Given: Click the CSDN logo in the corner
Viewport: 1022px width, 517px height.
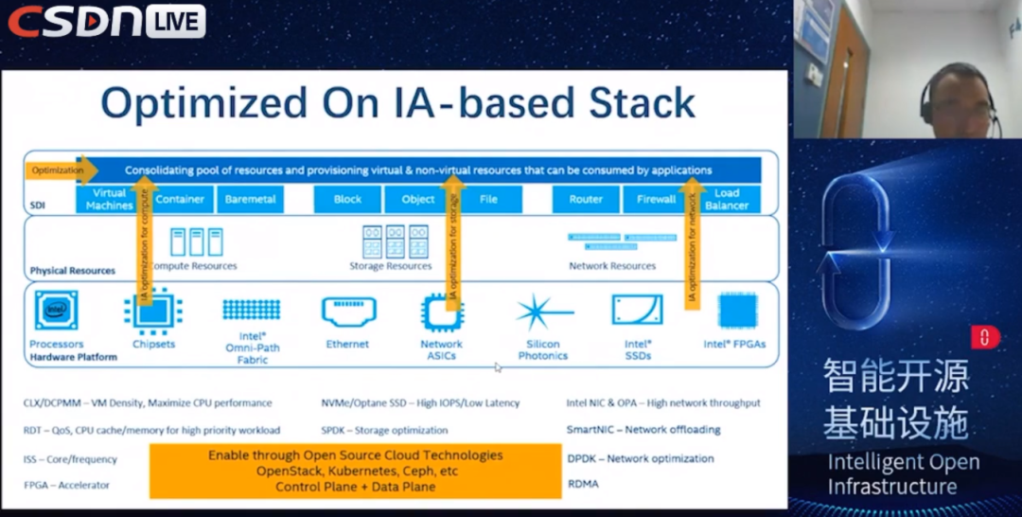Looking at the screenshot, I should click(x=76, y=21).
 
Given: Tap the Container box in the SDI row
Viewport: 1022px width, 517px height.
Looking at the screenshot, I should click(x=180, y=200).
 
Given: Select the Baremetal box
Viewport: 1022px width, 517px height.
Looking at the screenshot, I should click(x=251, y=200).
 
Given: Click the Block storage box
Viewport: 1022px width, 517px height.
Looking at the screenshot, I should click(x=347, y=200).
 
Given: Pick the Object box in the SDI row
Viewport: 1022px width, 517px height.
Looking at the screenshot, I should click(x=417, y=200).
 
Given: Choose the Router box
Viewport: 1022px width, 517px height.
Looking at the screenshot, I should click(x=586, y=200).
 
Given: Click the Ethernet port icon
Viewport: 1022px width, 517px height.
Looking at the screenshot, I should click(x=348, y=311).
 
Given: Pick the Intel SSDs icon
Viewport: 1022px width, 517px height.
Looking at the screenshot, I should click(x=637, y=311).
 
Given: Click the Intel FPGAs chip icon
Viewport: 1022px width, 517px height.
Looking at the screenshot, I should click(x=736, y=311).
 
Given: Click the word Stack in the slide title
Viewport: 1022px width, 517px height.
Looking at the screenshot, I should click(x=638, y=103).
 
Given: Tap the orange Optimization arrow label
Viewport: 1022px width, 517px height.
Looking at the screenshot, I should click(x=60, y=170).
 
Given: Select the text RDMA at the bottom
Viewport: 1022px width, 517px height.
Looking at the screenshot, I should click(x=583, y=484).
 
